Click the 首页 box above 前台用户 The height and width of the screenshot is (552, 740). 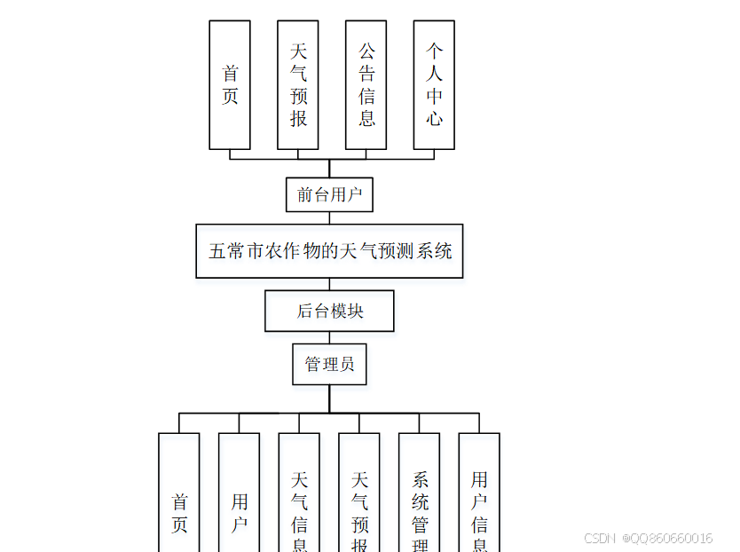229,85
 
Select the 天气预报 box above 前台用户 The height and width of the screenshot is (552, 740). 298,85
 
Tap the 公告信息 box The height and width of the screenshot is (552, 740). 366,85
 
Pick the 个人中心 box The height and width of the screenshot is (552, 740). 434,85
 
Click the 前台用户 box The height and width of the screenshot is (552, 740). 329,194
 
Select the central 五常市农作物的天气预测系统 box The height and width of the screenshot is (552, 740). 329,251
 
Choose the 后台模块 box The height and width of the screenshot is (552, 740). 329,311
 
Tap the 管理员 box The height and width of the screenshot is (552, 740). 329,364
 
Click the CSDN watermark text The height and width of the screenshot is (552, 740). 600,538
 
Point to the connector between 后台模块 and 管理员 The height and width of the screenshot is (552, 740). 329,338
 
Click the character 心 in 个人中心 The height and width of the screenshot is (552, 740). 434,118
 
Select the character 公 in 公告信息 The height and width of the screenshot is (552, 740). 366,51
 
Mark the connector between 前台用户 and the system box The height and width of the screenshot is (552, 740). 329,218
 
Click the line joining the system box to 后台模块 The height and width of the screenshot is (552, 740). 329,285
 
